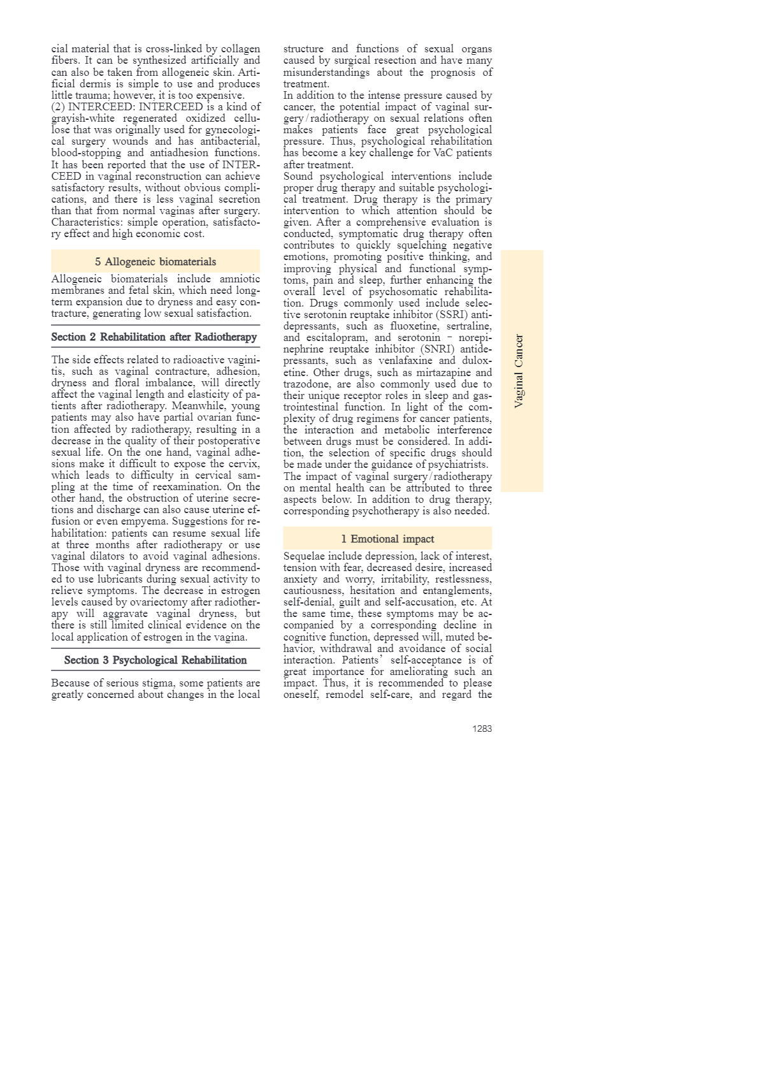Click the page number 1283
coord(482,729)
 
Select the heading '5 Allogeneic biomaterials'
coord(155,261)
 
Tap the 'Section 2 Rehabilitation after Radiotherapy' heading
coord(154,337)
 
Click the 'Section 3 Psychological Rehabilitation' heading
coord(155,660)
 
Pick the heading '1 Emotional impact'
coord(387,539)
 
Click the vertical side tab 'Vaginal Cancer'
coord(520,370)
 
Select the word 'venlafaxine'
coord(405,361)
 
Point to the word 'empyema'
coord(139,521)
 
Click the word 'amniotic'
coord(240,279)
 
